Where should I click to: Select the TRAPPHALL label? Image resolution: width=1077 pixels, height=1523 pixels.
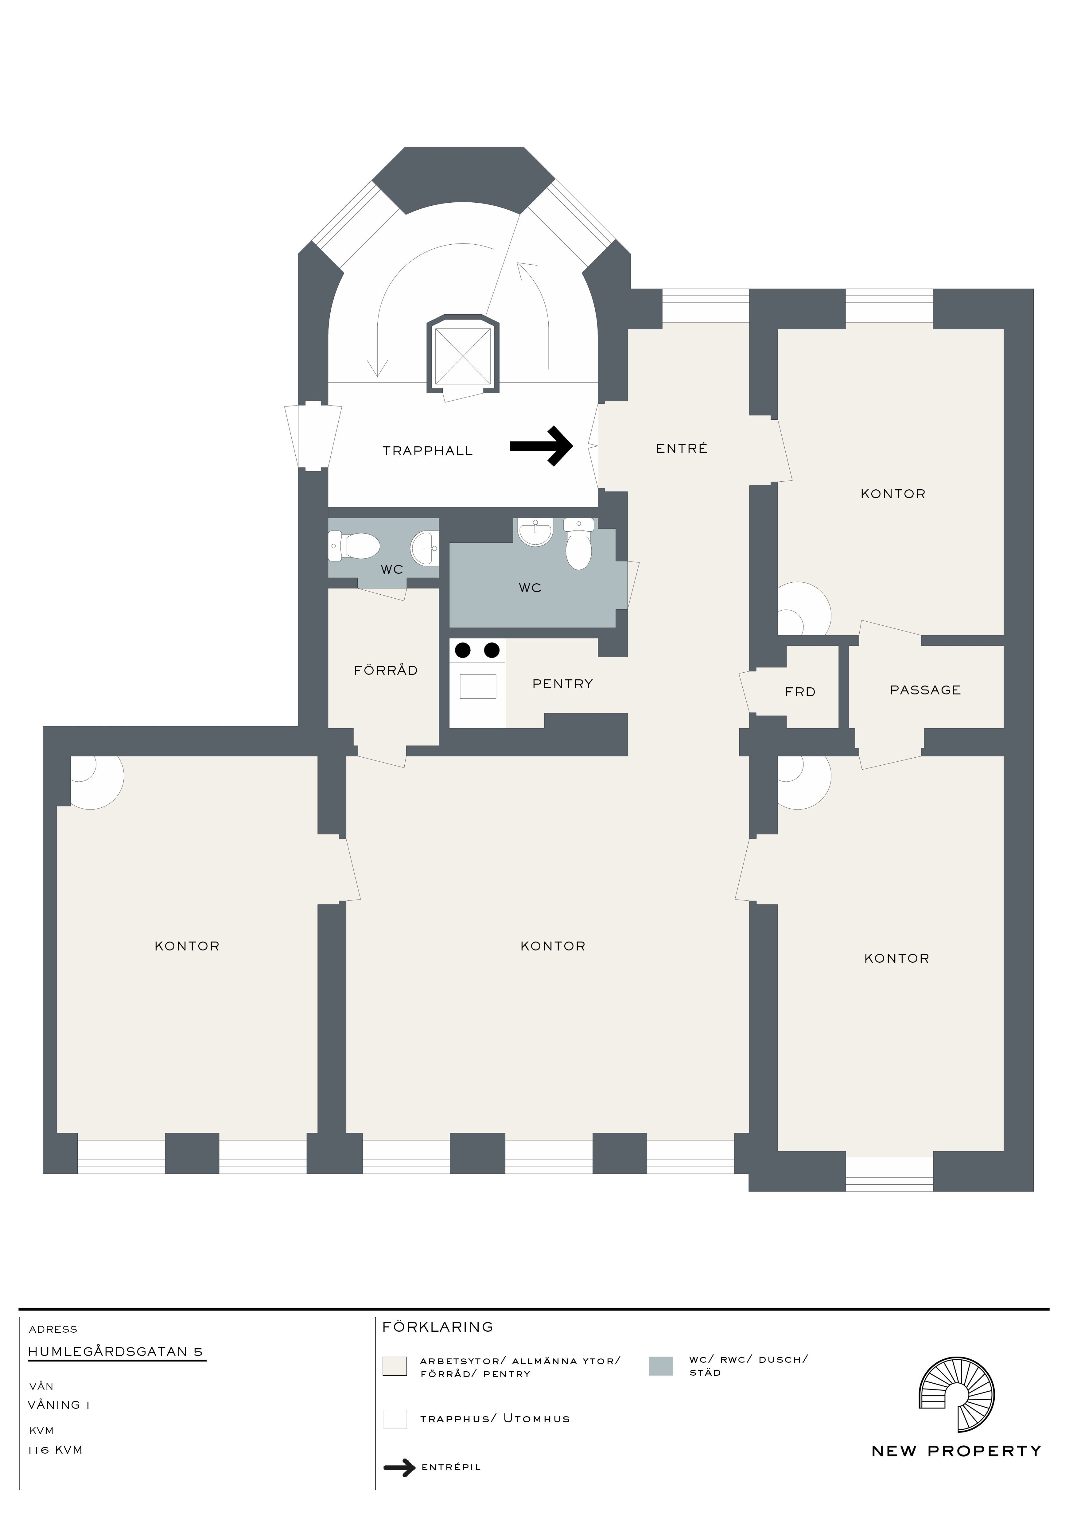[x=428, y=451]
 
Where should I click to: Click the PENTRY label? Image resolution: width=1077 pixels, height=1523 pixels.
[x=562, y=684]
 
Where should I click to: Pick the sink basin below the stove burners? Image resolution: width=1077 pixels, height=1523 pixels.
[x=477, y=686]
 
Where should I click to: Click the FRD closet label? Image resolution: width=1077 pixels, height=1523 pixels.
[x=800, y=692]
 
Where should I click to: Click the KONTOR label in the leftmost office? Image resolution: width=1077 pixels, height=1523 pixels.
[x=187, y=946]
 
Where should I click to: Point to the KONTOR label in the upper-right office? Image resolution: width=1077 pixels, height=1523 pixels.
[x=892, y=494]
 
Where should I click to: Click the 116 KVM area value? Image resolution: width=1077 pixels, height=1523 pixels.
[x=55, y=1449]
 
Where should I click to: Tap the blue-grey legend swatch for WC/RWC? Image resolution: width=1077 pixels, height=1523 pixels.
[x=660, y=1366]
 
